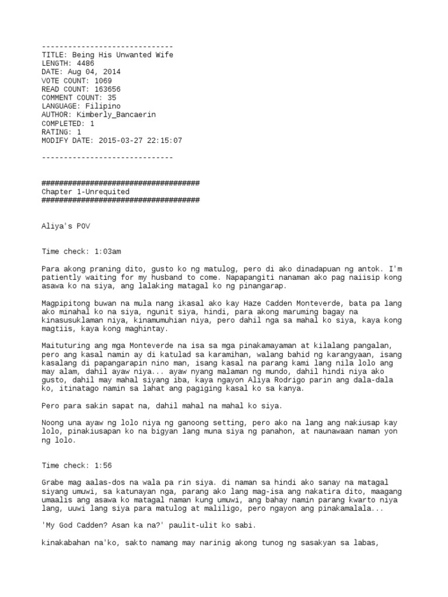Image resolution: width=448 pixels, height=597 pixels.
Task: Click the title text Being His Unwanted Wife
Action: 123,55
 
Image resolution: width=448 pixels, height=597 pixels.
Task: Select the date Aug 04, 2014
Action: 94,72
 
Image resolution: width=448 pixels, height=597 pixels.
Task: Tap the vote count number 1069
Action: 103,80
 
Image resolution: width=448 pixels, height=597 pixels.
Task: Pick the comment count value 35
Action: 112,98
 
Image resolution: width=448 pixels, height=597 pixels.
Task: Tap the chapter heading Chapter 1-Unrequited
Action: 85,192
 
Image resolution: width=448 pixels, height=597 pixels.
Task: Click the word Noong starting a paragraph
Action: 53,423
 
